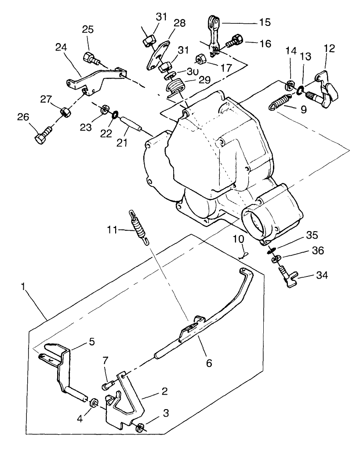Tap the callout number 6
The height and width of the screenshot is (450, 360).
pyautogui.click(x=209, y=363)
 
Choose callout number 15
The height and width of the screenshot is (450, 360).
pyautogui.click(x=265, y=22)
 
